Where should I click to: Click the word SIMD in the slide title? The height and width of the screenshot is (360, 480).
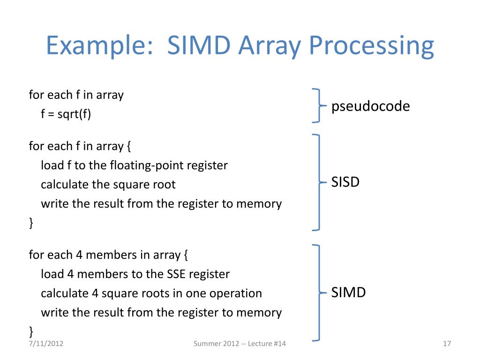tap(199, 46)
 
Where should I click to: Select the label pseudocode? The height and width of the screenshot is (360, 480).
tap(370, 106)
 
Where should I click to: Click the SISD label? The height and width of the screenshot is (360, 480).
tap(345, 182)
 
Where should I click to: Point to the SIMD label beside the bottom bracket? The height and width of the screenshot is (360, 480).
tap(348, 293)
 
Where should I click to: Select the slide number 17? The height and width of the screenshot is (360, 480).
tap(446, 344)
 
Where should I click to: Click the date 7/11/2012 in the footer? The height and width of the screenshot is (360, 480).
tap(46, 344)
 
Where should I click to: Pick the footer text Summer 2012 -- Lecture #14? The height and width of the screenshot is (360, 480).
tap(240, 344)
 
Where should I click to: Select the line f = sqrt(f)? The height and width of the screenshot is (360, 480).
tap(66, 114)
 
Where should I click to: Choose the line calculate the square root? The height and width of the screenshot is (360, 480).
tap(108, 185)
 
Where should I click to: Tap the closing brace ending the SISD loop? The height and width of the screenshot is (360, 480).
tap(31, 223)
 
